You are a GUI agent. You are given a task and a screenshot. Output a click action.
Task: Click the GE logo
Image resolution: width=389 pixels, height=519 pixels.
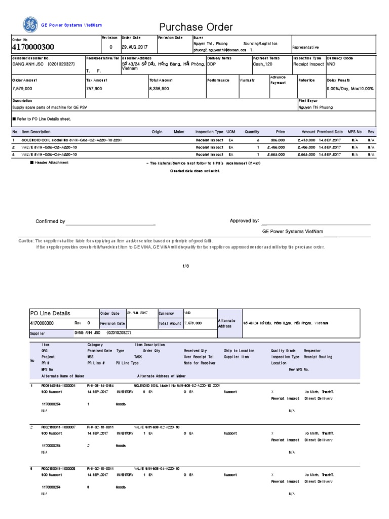pos(30,24)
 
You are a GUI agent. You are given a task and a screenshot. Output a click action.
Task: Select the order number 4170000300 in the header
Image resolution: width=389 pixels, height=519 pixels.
pos(33,47)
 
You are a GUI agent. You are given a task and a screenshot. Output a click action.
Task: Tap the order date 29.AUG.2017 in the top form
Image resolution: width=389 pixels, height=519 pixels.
pos(138,47)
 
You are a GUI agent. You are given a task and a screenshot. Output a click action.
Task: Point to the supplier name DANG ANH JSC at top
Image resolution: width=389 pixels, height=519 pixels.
pos(44,64)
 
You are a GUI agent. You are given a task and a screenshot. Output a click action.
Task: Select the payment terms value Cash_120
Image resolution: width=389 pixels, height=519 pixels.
pos(262,64)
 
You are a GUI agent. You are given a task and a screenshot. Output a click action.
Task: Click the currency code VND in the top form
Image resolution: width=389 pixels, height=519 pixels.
pos(331,64)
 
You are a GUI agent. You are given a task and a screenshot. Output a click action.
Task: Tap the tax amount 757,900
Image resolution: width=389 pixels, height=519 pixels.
pos(94,89)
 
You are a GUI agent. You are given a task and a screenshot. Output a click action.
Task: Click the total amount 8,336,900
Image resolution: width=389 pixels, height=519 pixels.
pos(159,89)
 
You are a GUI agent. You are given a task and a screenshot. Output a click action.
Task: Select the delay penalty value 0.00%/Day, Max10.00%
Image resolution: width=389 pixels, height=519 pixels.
pos(351,89)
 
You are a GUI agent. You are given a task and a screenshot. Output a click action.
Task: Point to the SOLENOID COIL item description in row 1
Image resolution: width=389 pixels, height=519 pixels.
pos(71,139)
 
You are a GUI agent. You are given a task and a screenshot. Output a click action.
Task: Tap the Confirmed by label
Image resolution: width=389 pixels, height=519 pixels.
pos(50,221)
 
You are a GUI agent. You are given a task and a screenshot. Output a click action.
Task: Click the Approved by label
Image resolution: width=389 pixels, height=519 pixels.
pos(245,221)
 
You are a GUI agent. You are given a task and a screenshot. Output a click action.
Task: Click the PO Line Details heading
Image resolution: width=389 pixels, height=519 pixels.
pos(51,313)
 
